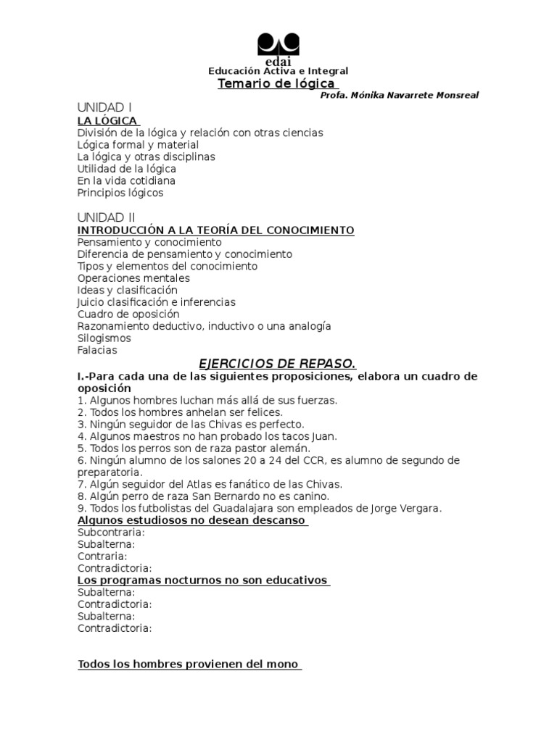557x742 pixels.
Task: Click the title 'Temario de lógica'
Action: click(x=277, y=83)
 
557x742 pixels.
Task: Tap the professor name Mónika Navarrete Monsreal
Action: click(x=399, y=96)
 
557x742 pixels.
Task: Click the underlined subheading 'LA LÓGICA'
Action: click(x=107, y=120)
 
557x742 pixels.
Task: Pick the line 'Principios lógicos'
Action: click(x=120, y=193)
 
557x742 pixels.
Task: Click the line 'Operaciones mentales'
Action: click(x=133, y=278)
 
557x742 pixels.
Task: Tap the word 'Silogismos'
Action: click(x=104, y=338)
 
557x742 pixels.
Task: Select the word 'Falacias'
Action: click(x=97, y=350)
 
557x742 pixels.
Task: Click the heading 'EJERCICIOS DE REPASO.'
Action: click(x=278, y=363)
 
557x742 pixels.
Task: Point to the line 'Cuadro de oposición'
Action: click(x=128, y=314)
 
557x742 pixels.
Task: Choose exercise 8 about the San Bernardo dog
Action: click(x=203, y=496)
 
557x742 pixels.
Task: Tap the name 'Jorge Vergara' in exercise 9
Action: click(x=407, y=508)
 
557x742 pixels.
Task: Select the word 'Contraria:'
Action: click(x=102, y=556)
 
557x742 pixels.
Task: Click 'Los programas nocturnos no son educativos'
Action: click(x=203, y=580)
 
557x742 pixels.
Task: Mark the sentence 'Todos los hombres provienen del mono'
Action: click(x=189, y=664)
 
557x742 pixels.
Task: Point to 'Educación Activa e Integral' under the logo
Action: click(x=278, y=71)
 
